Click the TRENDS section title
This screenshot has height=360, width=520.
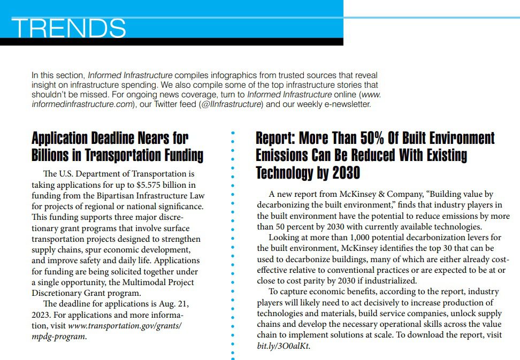(x=68, y=28)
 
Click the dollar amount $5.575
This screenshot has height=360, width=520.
(x=151, y=185)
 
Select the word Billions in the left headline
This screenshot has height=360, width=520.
(x=53, y=156)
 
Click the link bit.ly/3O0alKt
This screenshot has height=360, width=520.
(x=283, y=346)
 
